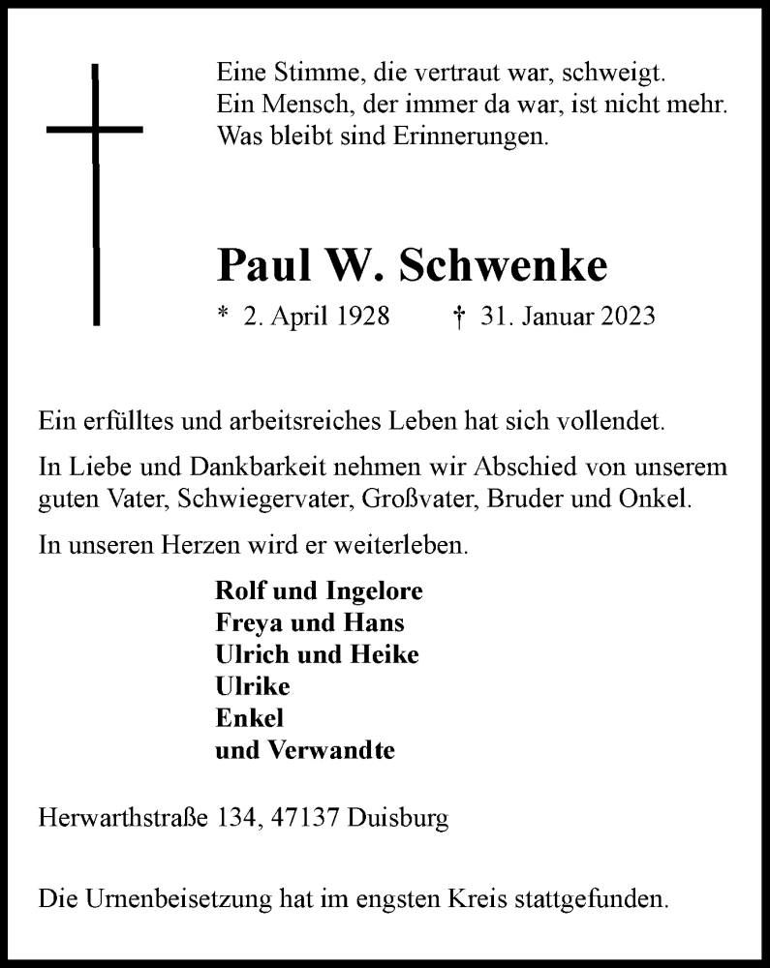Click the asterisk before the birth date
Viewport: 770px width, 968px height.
pos(223,315)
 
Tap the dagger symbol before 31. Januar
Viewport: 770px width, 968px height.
pos(461,317)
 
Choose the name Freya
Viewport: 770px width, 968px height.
pos(245,621)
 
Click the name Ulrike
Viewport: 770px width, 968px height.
pos(251,686)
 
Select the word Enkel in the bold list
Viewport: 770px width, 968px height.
pos(248,718)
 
